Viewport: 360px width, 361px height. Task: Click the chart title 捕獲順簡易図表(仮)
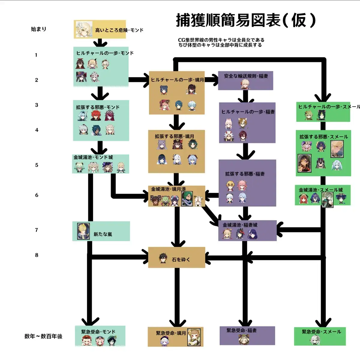point(246,20)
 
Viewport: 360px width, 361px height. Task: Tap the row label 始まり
point(39,29)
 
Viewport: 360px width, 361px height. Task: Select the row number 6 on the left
point(37,195)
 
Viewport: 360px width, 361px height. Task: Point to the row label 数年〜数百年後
point(43,336)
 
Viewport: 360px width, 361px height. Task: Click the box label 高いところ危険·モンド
point(119,30)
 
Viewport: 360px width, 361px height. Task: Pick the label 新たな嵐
point(103,234)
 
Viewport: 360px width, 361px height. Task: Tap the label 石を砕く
point(181,259)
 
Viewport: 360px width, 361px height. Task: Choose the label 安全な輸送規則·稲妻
point(246,76)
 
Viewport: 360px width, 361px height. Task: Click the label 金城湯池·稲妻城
point(240,225)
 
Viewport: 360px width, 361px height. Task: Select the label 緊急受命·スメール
point(321,332)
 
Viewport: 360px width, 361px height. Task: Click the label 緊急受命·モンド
point(98,332)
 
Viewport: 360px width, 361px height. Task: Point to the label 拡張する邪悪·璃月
point(174,136)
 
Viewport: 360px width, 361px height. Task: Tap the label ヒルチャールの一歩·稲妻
point(248,112)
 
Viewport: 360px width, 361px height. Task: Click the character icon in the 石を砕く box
point(163,258)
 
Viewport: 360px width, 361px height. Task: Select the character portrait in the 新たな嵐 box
point(83,231)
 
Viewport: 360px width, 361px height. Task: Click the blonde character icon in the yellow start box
point(83,29)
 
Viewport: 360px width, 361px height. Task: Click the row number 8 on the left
point(37,255)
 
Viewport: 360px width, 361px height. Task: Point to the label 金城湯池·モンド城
point(93,157)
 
